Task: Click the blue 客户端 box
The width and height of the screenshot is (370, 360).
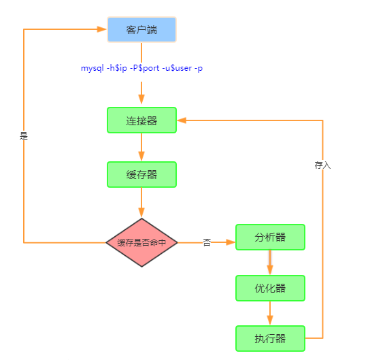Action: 141,30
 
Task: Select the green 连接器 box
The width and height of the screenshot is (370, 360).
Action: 141,120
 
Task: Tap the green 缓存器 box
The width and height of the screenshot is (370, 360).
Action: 141,174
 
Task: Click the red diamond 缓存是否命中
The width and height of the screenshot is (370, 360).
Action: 141,242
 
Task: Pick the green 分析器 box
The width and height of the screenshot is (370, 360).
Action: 270,237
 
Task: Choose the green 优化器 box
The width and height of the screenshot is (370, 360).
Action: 270,288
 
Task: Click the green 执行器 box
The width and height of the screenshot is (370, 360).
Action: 270,338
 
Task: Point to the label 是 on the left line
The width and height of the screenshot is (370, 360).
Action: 24,136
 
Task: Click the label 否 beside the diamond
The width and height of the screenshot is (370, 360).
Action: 207,242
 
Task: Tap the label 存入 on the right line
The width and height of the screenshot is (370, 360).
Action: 322,165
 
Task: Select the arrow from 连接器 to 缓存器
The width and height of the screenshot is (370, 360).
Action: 141,147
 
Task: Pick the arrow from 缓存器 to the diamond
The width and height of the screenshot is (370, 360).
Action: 141,203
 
